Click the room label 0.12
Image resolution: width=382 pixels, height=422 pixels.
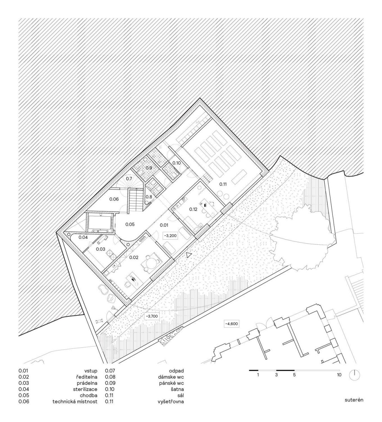pos(193,209)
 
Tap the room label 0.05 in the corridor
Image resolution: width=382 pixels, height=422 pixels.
pos(130,224)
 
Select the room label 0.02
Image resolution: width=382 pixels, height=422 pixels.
pos(134,257)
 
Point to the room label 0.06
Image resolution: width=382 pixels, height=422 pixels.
pos(114,199)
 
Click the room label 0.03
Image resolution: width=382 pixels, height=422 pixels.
pos(101,249)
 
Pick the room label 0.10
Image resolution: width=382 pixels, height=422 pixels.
pos(177,163)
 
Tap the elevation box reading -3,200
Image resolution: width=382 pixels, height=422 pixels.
pos(170,236)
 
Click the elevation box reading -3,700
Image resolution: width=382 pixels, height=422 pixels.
pos(151,322)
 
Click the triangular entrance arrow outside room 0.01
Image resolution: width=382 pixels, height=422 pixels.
pos(189,255)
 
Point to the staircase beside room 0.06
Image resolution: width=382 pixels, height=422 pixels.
pos(136,200)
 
